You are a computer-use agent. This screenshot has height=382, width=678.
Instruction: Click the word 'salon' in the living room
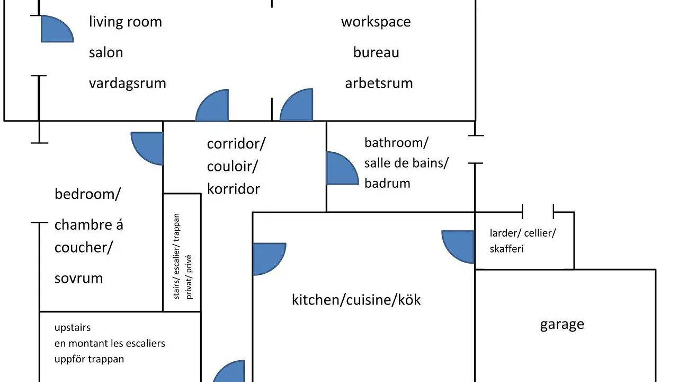(106, 53)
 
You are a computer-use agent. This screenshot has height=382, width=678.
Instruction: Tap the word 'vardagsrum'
(128, 84)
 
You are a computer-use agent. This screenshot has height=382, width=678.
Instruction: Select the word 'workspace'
(376, 22)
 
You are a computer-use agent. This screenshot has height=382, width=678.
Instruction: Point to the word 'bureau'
(376, 53)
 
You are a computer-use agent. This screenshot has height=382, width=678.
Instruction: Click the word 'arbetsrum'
(379, 83)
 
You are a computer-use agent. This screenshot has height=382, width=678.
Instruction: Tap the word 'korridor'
(234, 189)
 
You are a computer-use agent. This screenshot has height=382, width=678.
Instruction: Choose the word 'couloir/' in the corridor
(232, 167)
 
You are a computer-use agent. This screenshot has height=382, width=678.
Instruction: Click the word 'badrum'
(387, 184)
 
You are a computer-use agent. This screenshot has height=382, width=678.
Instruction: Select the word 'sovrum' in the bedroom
(79, 279)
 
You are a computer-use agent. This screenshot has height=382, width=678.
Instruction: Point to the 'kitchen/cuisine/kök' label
(356, 300)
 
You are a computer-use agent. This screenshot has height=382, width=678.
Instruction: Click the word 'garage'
(562, 325)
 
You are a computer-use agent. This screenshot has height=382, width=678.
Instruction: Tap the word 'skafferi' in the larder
(506, 249)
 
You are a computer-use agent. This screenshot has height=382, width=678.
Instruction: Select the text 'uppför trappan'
(90, 360)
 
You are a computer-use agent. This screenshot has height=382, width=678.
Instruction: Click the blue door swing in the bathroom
(342, 168)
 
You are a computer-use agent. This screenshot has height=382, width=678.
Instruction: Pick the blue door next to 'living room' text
(57, 29)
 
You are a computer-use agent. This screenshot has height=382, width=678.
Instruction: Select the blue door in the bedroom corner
(148, 148)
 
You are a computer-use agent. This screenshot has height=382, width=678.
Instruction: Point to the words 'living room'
(126, 22)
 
